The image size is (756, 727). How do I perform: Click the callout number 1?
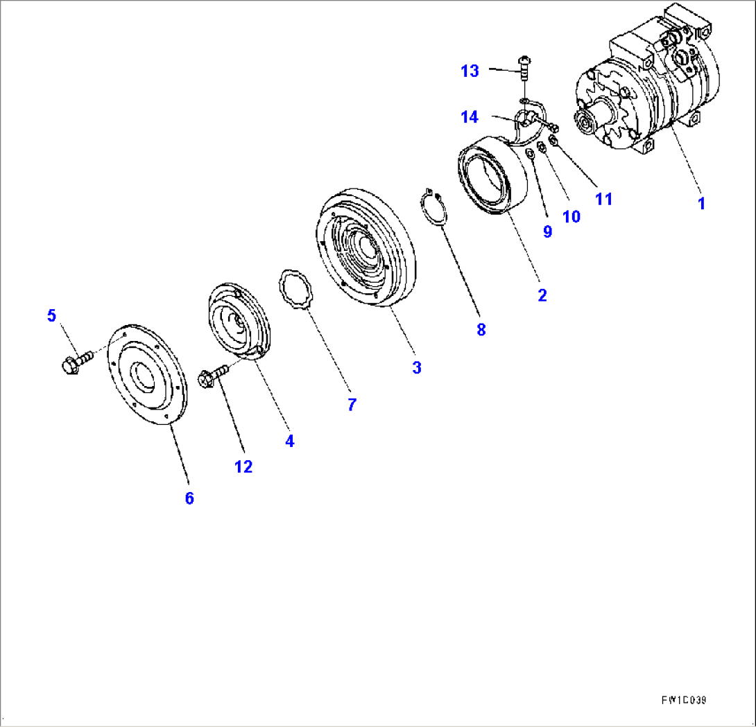pyautogui.click(x=701, y=204)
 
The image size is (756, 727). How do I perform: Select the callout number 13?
pyautogui.click(x=470, y=71)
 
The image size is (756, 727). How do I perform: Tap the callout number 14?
pyautogui.click(x=470, y=117)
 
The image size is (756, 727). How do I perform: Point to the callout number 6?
pyautogui.click(x=189, y=498)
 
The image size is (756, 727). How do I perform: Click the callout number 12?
pyautogui.click(x=243, y=466)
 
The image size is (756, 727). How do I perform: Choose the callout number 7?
pyautogui.click(x=352, y=405)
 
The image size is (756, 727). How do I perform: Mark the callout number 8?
pyautogui.click(x=481, y=330)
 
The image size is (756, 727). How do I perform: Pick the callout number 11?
pyautogui.click(x=603, y=199)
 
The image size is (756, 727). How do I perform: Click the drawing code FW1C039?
pyautogui.click(x=682, y=701)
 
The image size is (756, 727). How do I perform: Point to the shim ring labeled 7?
pyautogui.click(x=297, y=288)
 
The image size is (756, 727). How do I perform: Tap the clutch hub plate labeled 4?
pyautogui.click(x=239, y=322)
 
